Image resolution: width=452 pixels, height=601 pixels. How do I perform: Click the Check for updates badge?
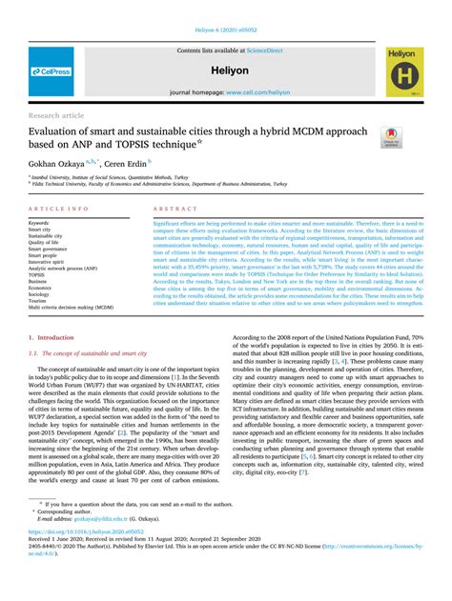pyautogui.click(x=388, y=137)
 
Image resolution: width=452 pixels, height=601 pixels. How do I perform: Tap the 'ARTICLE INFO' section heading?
pyautogui.click(x=60, y=207)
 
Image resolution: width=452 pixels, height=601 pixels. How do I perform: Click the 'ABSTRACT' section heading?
pyautogui.click(x=175, y=207)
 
